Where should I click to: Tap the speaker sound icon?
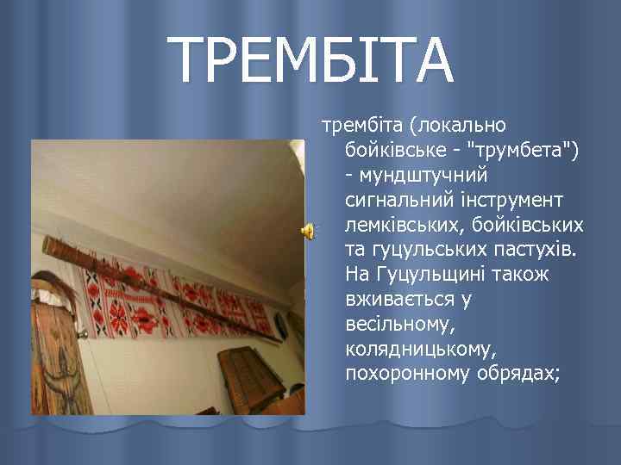pos(307,229)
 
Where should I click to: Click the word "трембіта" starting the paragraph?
pos(362,126)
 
